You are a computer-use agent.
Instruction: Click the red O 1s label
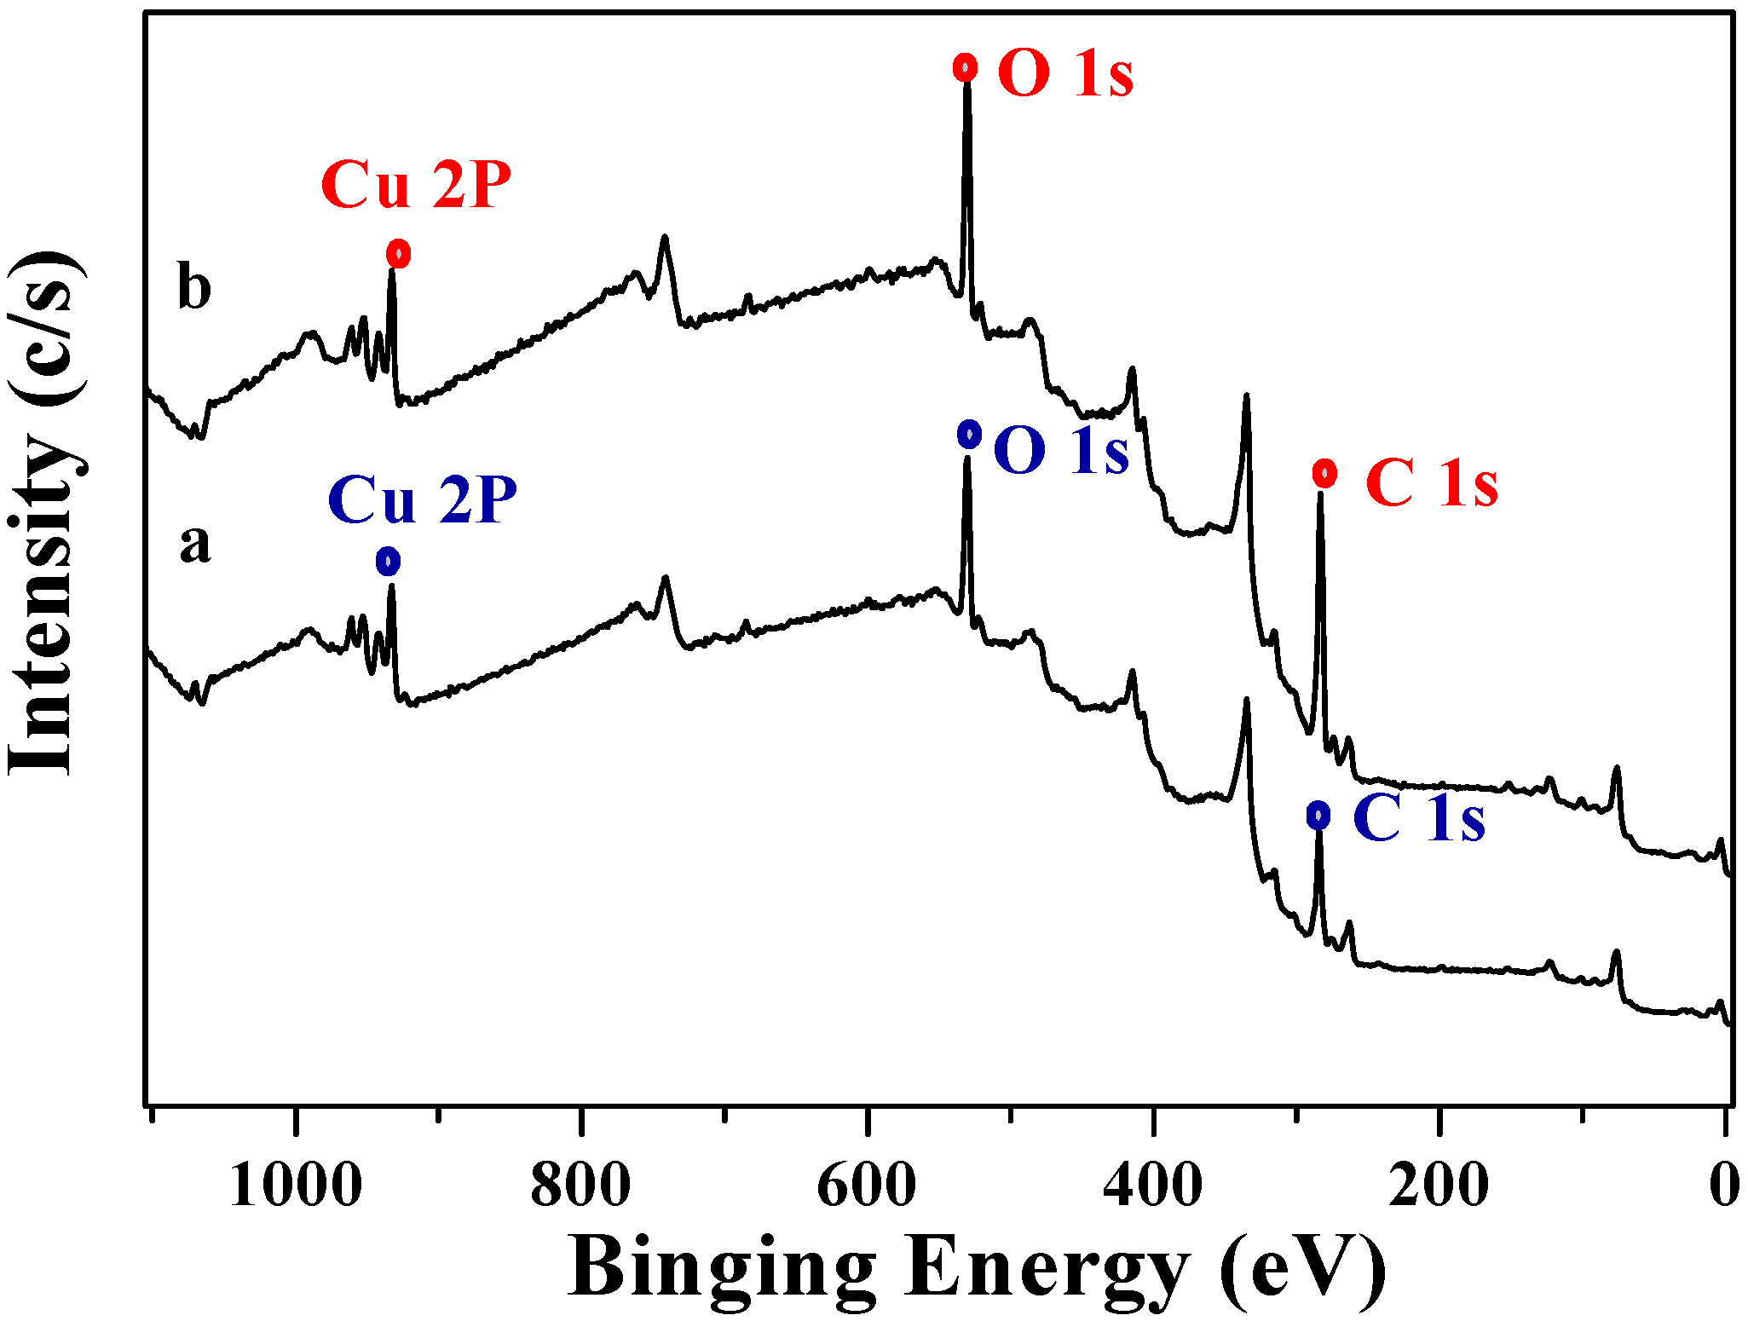click(1065, 73)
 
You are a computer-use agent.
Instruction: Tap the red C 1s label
click(1431, 482)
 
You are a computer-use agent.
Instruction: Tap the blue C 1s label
click(1419, 818)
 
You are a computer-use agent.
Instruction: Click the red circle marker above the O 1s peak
click(965, 66)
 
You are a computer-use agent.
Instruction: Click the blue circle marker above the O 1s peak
click(969, 434)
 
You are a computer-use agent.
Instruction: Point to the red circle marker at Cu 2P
click(398, 253)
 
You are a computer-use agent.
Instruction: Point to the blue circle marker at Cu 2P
click(388, 561)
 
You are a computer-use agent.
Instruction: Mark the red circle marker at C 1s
click(1324, 473)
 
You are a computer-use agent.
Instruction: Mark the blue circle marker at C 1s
click(1318, 815)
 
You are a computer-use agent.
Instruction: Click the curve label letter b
click(194, 288)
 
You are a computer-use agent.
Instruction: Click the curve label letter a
click(195, 543)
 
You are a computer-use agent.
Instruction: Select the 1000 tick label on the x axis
click(296, 1185)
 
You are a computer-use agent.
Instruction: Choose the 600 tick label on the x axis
click(867, 1185)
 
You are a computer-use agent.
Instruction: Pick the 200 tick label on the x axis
click(1439, 1185)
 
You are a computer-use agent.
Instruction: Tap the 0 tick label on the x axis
click(1724, 1185)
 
